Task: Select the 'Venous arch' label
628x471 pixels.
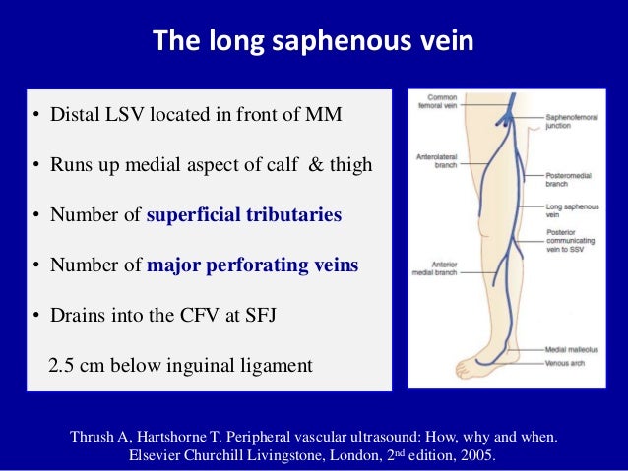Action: coord(565,363)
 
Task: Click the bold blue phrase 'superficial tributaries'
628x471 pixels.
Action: coord(243,214)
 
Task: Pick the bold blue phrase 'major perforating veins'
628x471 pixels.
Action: coord(253,265)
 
